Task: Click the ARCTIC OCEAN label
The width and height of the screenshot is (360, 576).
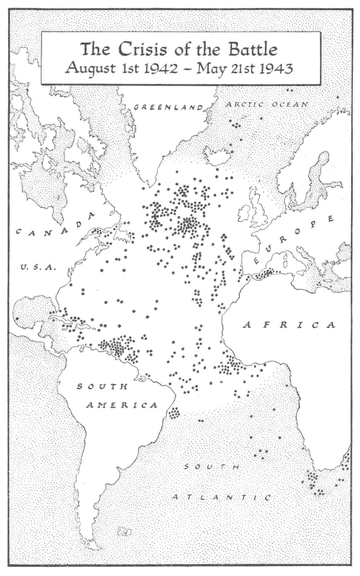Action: [268, 104]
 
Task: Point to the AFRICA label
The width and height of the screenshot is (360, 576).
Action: [289, 325]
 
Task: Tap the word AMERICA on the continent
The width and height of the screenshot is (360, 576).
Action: [122, 405]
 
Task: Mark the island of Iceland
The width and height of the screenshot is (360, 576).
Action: [217, 156]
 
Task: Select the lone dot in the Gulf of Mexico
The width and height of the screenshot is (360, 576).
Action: [17, 319]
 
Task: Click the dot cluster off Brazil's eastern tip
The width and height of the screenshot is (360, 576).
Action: [174, 413]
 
